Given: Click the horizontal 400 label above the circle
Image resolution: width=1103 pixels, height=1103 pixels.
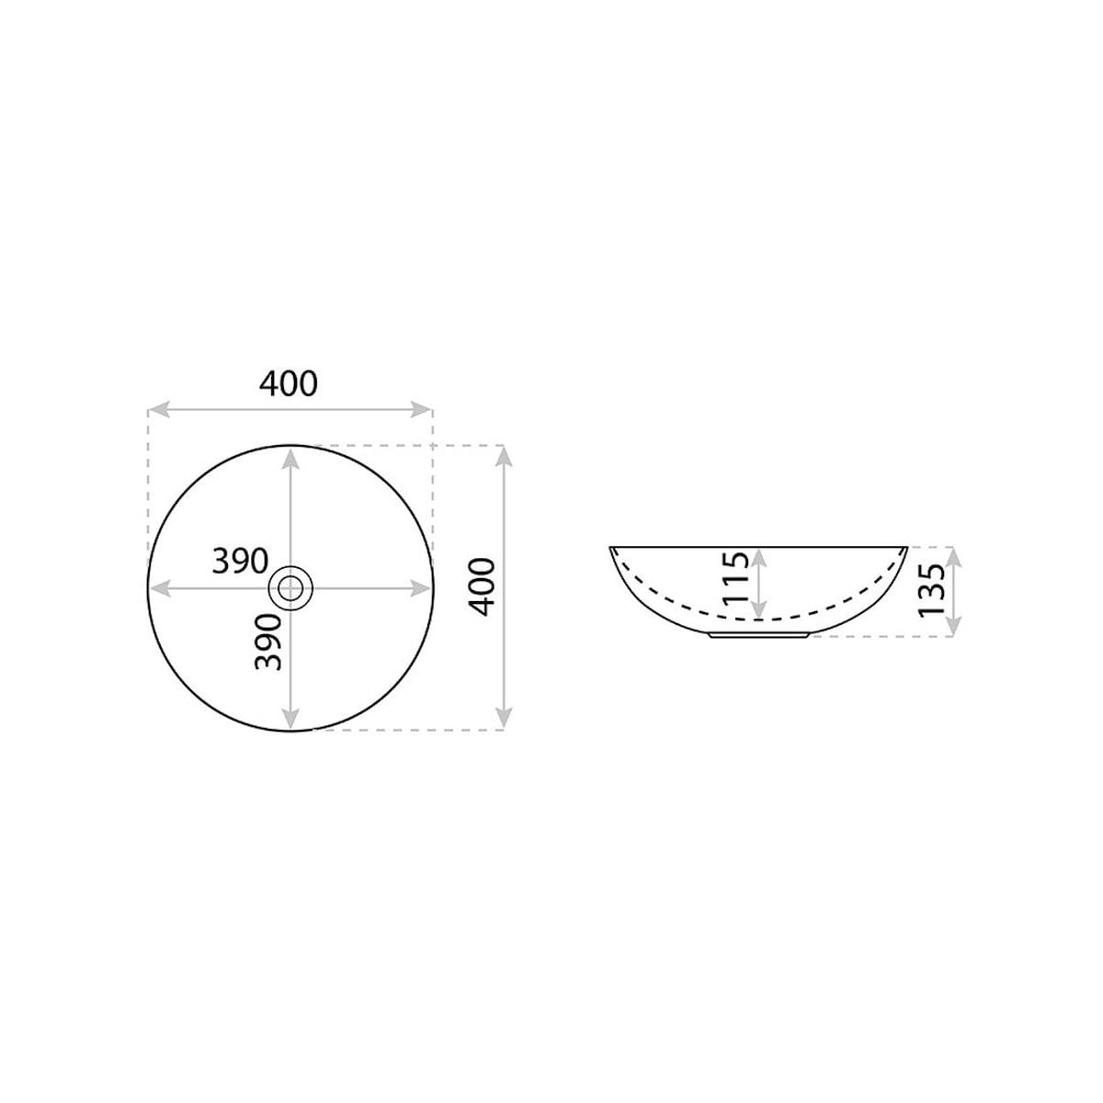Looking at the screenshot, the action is click(x=288, y=384).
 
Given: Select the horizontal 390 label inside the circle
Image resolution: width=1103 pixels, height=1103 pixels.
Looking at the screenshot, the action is click(x=240, y=561).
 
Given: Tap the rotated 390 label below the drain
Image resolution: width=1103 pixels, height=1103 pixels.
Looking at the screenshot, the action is click(x=268, y=642).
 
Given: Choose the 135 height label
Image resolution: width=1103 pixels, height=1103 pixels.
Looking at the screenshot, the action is click(x=932, y=590).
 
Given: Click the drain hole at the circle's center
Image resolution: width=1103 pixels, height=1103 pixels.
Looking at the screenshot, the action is click(x=290, y=588).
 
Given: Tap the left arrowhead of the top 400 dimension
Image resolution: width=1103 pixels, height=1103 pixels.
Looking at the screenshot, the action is click(x=158, y=409).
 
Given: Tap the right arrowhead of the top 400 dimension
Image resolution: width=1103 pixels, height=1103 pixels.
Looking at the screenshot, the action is click(x=421, y=409).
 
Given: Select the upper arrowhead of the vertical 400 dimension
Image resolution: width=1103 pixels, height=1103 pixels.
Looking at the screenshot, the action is click(x=504, y=456).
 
